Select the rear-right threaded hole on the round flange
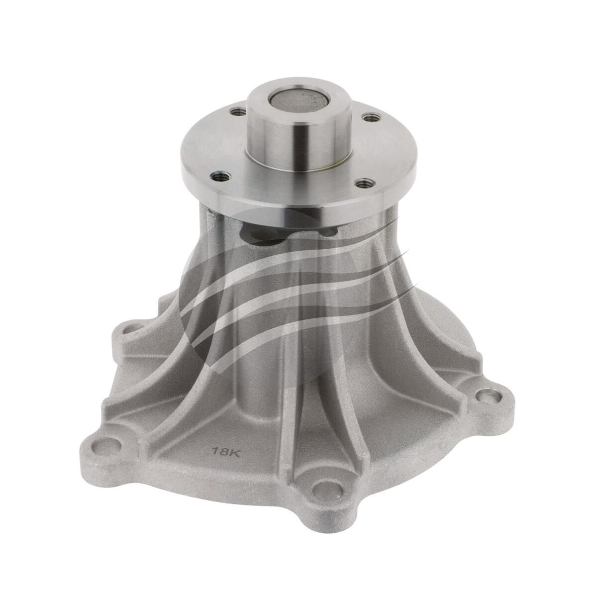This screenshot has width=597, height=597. pyautogui.click(x=369, y=118)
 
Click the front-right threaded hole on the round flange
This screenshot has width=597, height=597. pyautogui.click(x=367, y=184)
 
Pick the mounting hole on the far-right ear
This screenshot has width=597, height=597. pyautogui.click(x=485, y=398)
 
